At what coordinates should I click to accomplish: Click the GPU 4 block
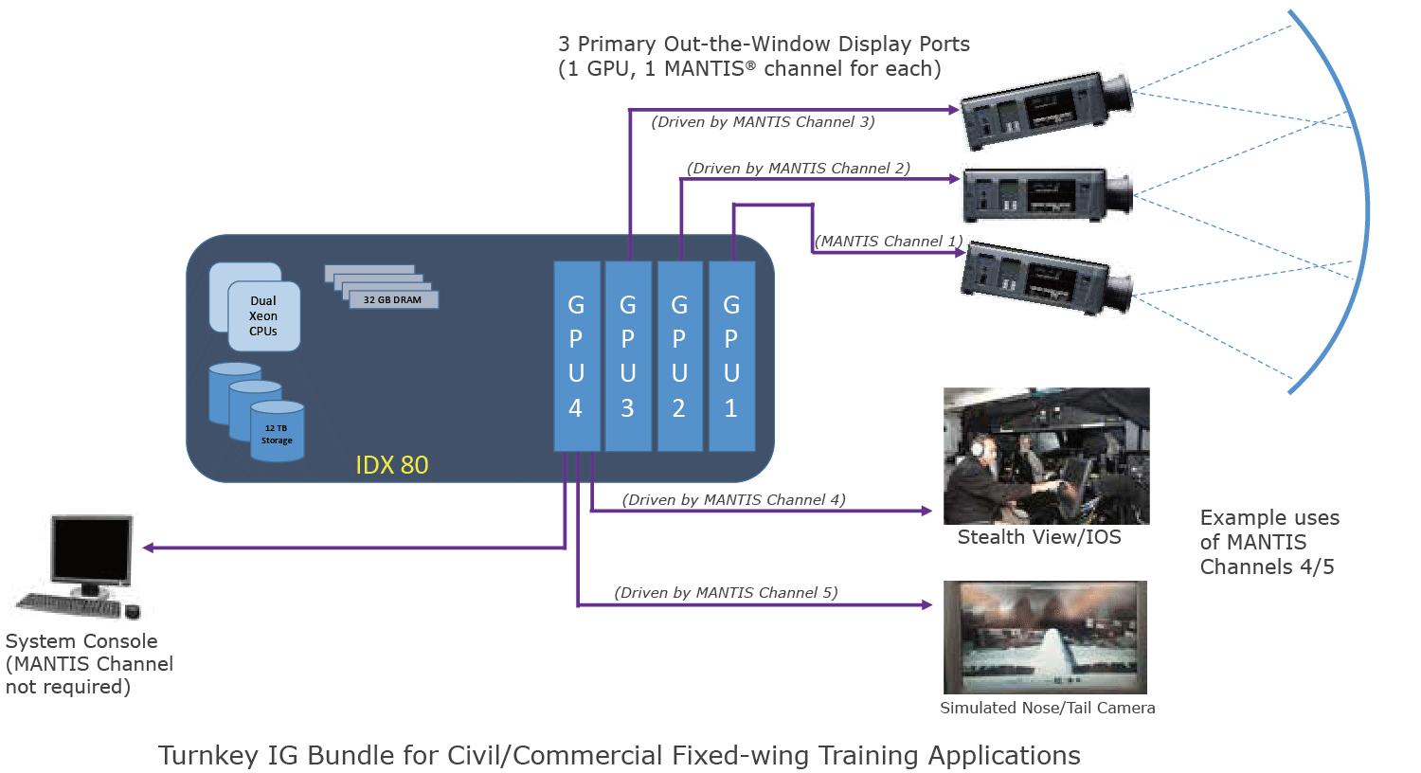coord(576,356)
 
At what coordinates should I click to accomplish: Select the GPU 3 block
coord(628,356)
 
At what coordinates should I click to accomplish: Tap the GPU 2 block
coord(680,356)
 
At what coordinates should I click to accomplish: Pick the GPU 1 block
coord(731,356)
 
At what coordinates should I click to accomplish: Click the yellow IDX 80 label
coord(391,465)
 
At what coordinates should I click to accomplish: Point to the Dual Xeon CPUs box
coord(263,316)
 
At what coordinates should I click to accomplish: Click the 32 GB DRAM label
coord(392,299)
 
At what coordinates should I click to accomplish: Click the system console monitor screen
coord(91,552)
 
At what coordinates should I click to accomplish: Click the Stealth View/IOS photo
coord(1046,456)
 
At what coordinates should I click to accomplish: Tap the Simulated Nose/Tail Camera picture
coord(1045,637)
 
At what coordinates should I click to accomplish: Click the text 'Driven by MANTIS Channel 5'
coord(726,593)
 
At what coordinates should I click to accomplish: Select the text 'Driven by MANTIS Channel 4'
coord(733,500)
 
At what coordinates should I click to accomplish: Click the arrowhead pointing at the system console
coord(149,548)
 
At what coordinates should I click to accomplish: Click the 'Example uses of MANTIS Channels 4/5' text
coord(1268,542)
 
